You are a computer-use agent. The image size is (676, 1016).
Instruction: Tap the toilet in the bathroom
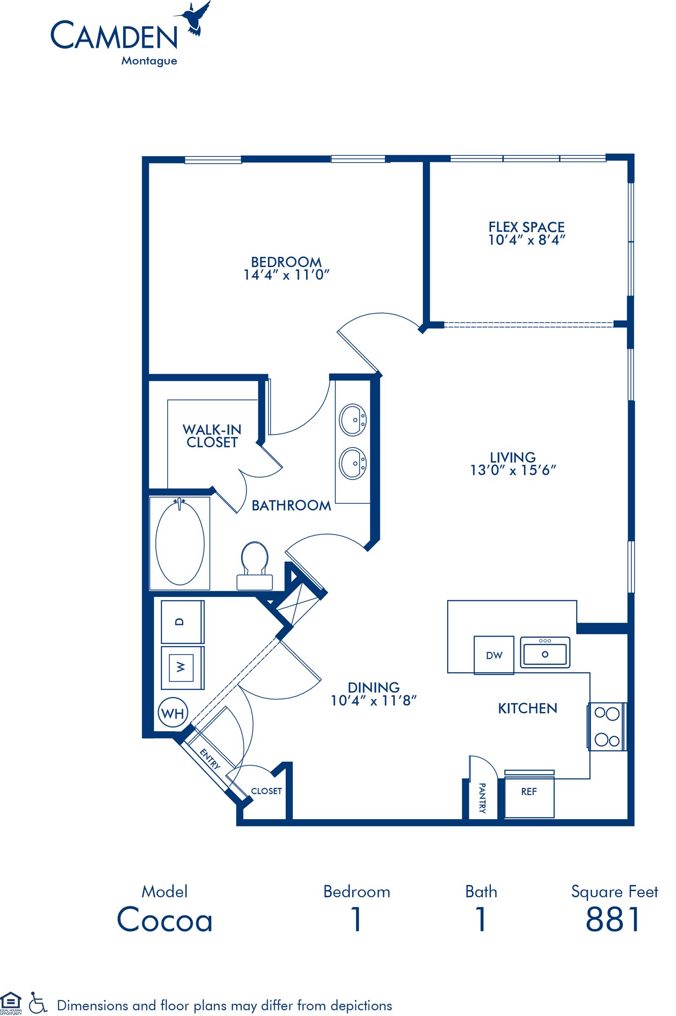coord(255,566)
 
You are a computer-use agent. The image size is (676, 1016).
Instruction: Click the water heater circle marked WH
coord(173,713)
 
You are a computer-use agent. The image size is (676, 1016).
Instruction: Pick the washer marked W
coord(182,667)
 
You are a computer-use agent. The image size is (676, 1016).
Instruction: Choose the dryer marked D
coord(182,621)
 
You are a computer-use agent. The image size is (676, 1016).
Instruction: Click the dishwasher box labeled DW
coord(494,655)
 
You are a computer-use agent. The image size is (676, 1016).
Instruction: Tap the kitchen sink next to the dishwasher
coord(545,653)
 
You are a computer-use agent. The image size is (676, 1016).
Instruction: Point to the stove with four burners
coord(607,727)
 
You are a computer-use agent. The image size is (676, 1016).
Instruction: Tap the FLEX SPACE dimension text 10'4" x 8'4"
coord(527,240)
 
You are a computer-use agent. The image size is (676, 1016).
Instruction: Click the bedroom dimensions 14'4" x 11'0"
coord(286,275)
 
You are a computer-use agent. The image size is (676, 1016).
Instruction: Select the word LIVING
coord(513,457)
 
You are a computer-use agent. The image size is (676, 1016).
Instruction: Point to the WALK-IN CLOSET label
coord(212,436)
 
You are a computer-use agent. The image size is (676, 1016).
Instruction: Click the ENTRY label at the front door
coord(210,759)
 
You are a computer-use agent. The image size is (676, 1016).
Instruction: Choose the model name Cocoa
coord(165,919)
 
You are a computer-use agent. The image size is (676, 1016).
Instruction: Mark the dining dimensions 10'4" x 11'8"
coord(373,701)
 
